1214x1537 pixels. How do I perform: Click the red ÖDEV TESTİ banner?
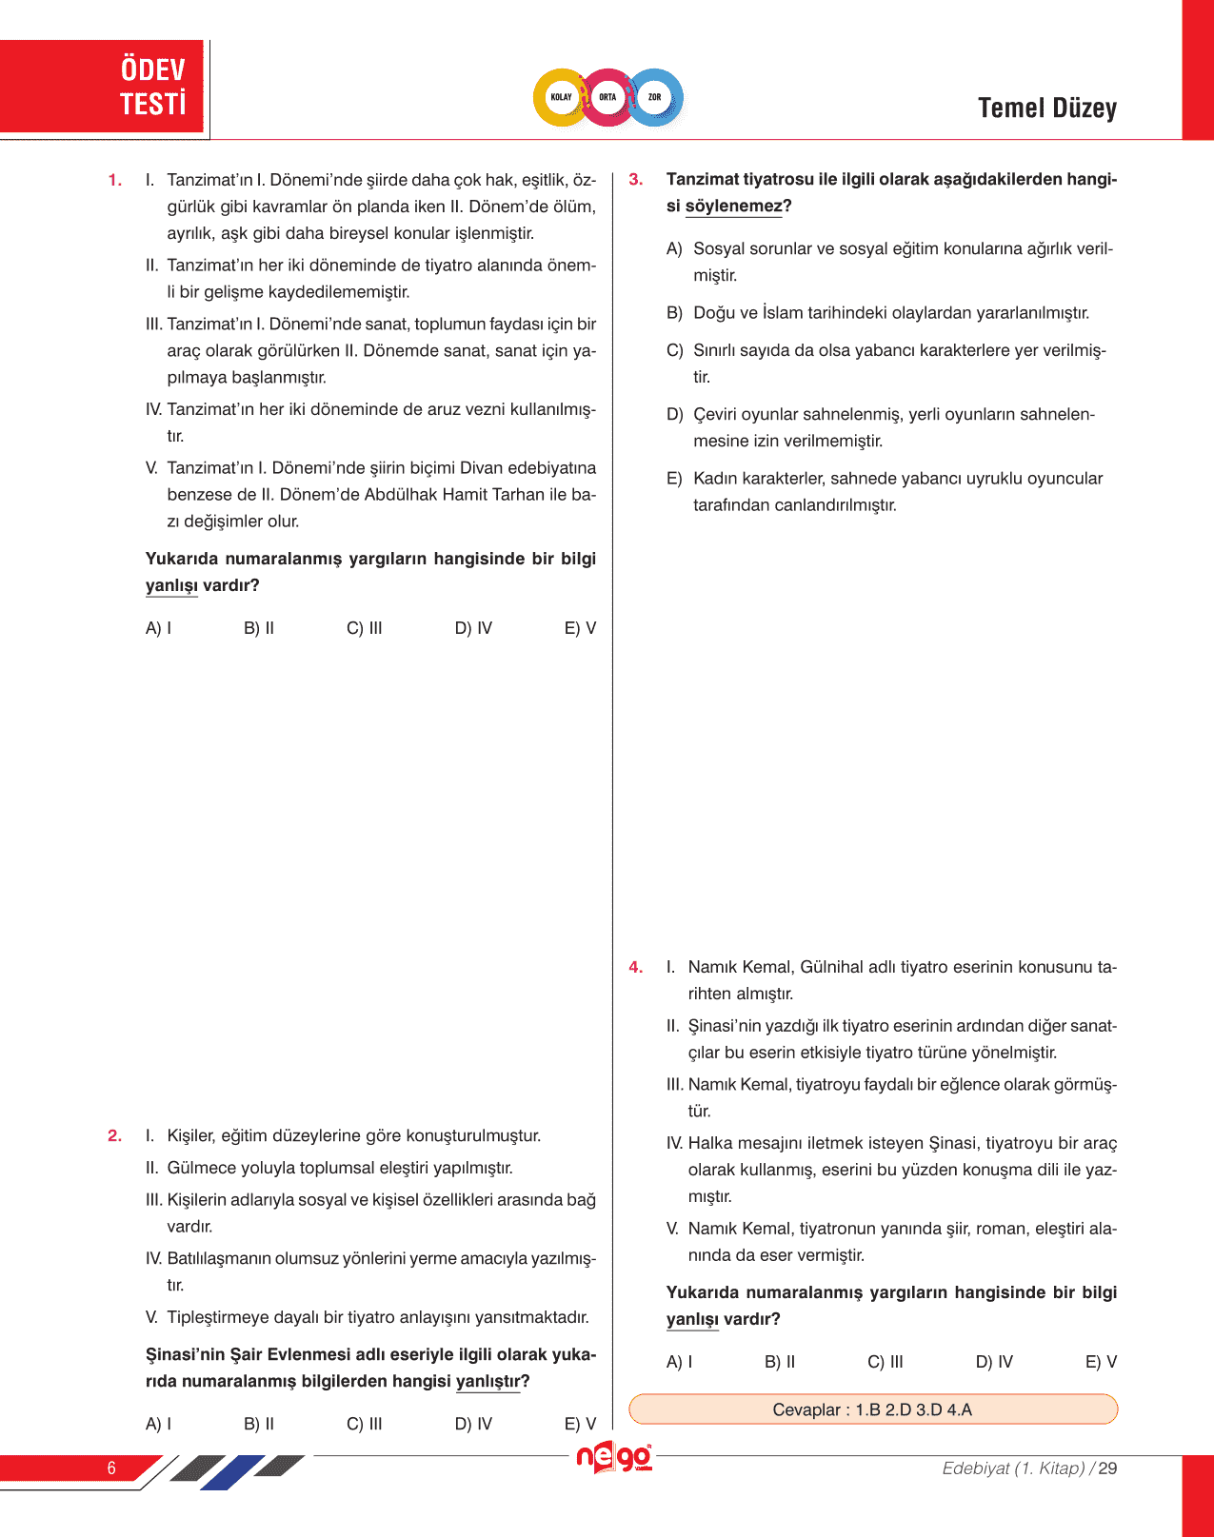[103, 87]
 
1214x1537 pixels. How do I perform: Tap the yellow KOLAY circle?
[561, 97]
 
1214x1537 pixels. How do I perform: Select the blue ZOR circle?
[655, 97]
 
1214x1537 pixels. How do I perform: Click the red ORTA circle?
[607, 97]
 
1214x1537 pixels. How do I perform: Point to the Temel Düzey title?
[1046, 108]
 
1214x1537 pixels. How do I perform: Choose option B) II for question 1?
[259, 628]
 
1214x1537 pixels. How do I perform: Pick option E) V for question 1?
[580, 628]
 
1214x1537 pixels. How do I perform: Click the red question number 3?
[636, 180]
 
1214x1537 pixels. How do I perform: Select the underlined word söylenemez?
[733, 207]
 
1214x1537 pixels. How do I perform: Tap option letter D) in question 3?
[675, 415]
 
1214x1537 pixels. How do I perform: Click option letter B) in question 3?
[675, 313]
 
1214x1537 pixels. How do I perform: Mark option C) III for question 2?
[365, 1424]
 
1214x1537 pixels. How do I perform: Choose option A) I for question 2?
[159, 1424]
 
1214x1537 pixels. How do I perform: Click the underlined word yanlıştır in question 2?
[488, 1382]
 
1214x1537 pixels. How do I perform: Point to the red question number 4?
[636, 968]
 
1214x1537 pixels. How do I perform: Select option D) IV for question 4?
[994, 1362]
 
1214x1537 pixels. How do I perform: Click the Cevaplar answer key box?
[872, 1409]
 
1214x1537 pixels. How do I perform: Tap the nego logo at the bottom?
[614, 1457]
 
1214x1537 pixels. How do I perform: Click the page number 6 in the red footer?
[111, 1468]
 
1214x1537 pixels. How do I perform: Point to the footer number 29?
[1107, 1468]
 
